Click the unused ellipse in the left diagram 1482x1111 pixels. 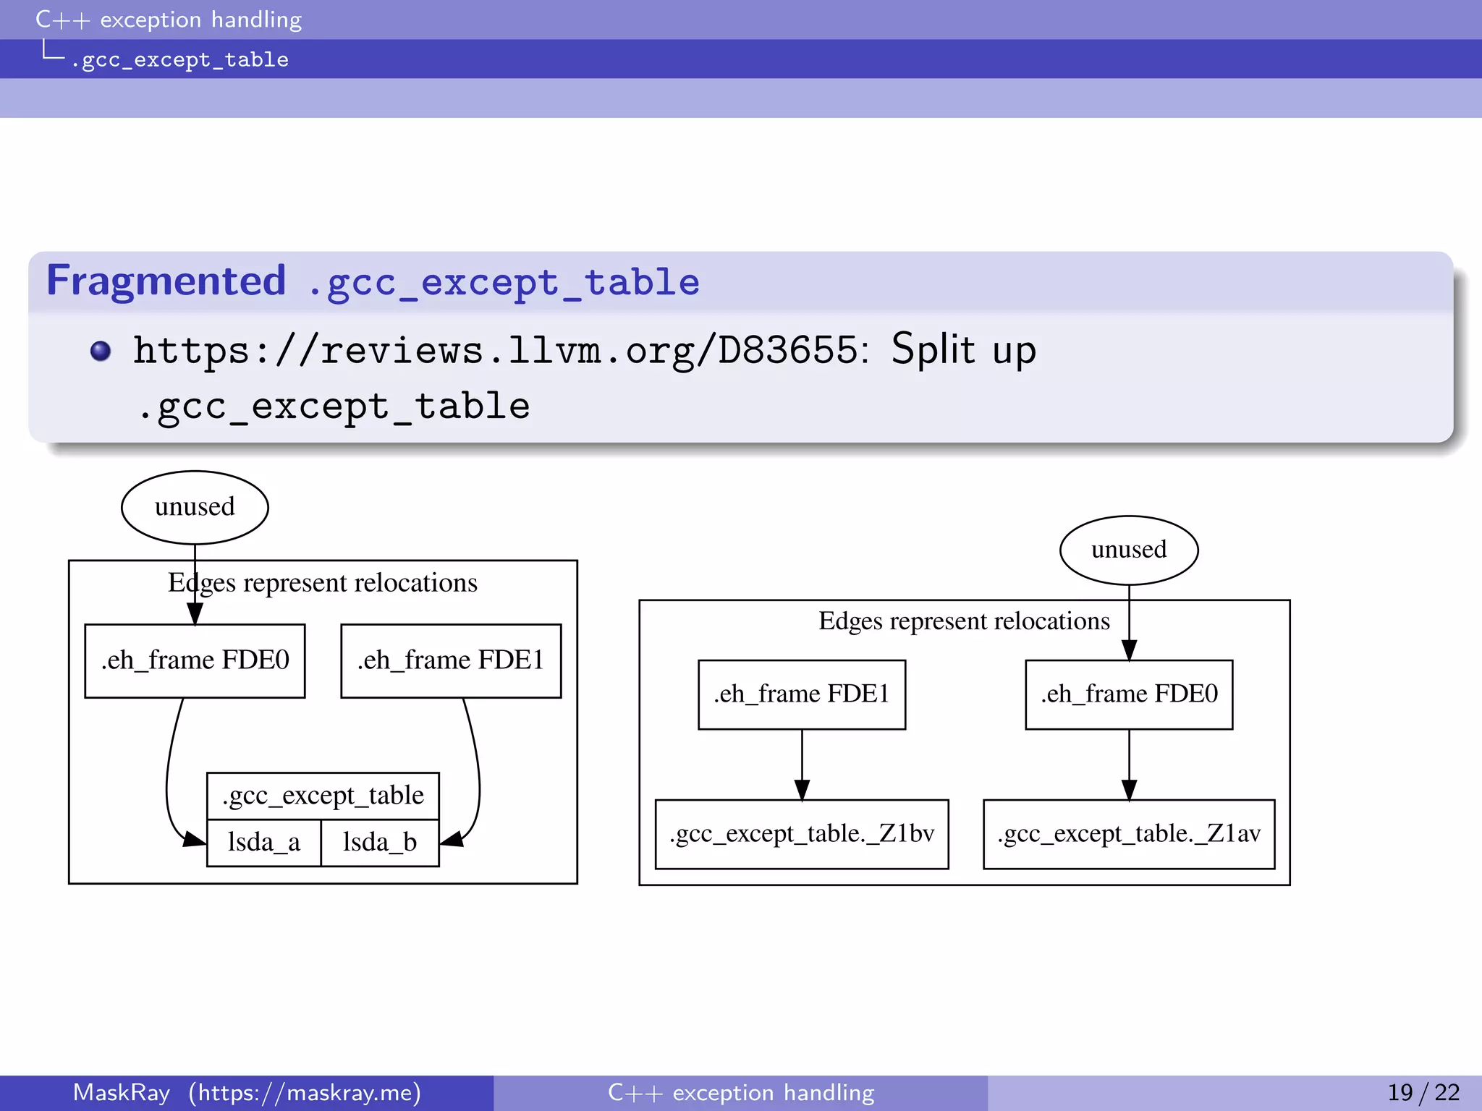click(x=195, y=507)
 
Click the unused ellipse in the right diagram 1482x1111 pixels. click(x=1129, y=550)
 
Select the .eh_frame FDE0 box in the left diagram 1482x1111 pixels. click(x=195, y=660)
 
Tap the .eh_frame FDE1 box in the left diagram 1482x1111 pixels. click(x=451, y=660)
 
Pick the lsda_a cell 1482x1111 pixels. click(x=263, y=843)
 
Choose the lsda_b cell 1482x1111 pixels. click(x=380, y=843)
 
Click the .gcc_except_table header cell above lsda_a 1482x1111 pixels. click(x=323, y=796)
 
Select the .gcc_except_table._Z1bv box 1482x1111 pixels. click(x=802, y=834)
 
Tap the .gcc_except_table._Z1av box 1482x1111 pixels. click(x=1129, y=834)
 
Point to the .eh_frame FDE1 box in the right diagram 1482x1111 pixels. click(x=802, y=694)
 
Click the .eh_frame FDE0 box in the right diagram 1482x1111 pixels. click(x=1129, y=694)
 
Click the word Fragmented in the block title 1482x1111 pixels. click(x=166, y=281)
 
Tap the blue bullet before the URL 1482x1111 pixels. click(x=101, y=351)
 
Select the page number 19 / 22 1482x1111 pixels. click(x=1423, y=1092)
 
